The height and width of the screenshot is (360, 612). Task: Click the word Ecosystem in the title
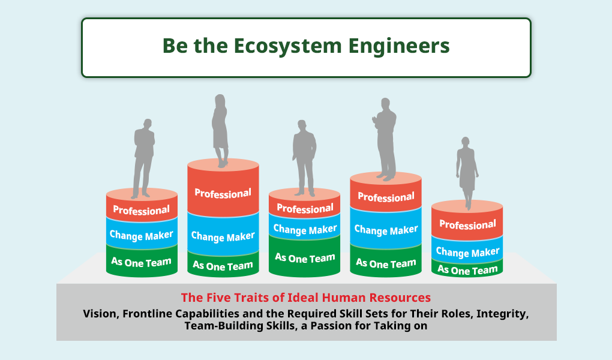click(287, 46)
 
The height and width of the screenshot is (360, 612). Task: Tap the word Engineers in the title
click(399, 47)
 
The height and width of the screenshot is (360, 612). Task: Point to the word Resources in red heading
click(400, 298)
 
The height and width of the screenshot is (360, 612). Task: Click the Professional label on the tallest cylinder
click(223, 193)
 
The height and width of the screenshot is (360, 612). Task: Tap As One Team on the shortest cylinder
click(467, 270)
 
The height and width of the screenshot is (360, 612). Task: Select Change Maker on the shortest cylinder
click(467, 252)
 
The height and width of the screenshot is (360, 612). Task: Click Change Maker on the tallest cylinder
click(223, 236)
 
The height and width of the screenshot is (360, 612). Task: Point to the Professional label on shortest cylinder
click(467, 224)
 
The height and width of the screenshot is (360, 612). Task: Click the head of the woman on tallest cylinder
click(220, 100)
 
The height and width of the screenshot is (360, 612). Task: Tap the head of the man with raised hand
click(385, 104)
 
